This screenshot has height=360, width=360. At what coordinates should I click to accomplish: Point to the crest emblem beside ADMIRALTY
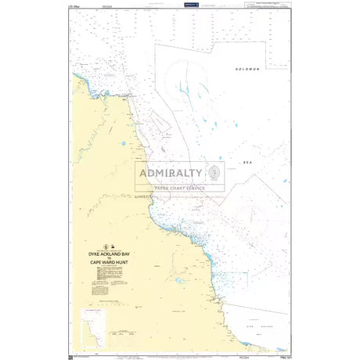point(214,174)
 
